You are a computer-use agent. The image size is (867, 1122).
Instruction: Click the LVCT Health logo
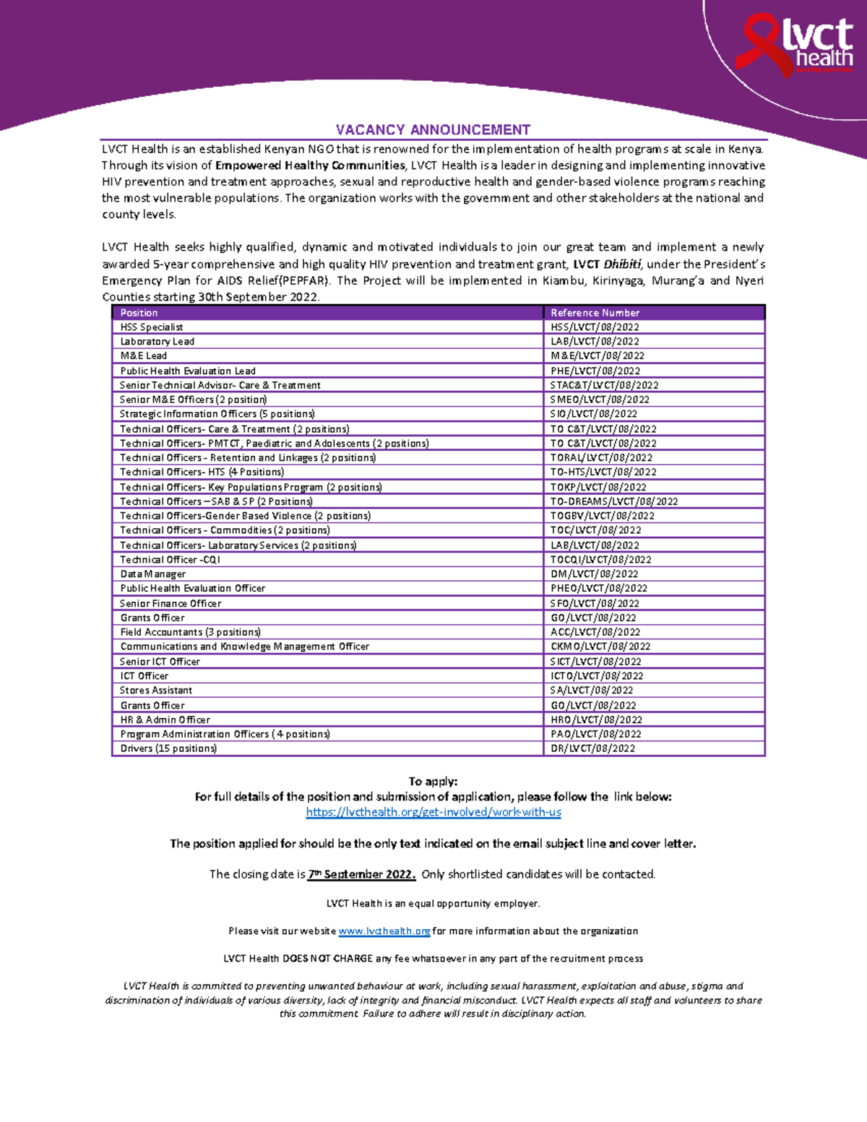795,46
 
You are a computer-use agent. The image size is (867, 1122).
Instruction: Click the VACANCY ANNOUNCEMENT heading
433,130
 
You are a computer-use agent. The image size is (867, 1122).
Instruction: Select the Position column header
139,313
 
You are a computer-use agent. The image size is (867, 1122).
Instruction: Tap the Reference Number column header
595,313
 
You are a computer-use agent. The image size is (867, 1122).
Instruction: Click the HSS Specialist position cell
152,327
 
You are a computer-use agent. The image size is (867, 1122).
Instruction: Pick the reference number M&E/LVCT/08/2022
597,356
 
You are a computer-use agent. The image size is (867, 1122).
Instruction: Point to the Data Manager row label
153,574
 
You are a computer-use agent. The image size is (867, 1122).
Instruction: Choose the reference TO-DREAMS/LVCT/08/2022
613,501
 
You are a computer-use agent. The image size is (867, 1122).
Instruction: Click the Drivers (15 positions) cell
168,748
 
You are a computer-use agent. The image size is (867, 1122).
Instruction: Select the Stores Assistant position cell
156,691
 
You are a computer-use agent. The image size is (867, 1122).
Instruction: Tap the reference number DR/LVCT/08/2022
592,748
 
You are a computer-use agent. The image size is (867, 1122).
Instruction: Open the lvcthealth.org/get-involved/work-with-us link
433,812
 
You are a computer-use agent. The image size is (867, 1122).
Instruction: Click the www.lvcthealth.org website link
384,931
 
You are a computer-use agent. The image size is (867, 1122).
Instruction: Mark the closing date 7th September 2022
361,874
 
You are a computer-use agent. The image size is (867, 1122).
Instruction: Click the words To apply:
433,782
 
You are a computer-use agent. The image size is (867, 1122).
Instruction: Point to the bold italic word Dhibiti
621,264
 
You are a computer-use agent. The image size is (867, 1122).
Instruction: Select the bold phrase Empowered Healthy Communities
310,165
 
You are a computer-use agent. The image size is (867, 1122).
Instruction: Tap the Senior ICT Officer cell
160,662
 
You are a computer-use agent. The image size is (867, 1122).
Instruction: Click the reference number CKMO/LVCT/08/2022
600,647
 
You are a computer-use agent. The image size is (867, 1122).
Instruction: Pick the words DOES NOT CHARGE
327,959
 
